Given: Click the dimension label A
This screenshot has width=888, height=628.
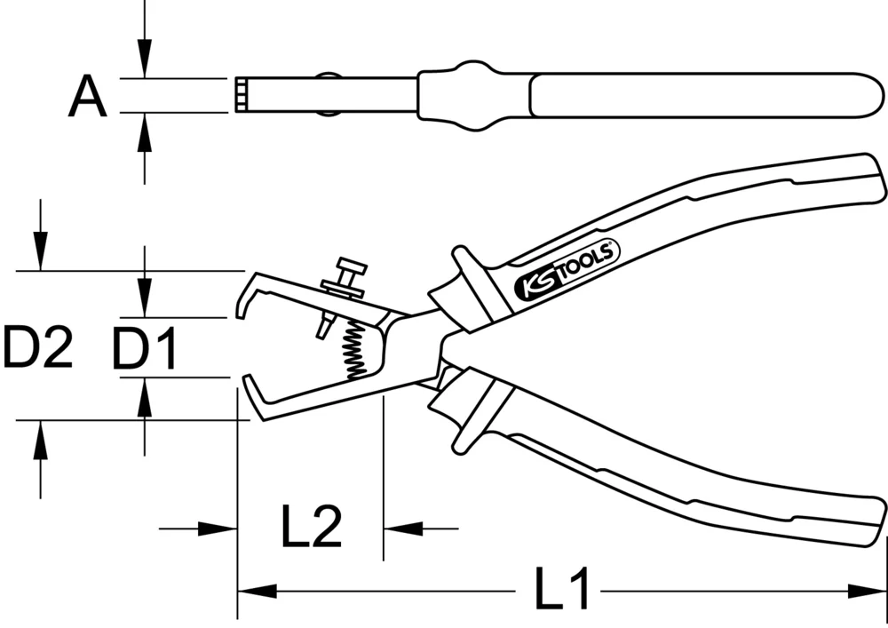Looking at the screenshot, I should (87, 97).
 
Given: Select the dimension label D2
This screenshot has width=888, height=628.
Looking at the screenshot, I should (36, 347).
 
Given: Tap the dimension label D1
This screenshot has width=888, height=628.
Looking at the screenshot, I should (145, 348).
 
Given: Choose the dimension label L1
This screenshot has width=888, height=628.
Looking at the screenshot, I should (564, 590).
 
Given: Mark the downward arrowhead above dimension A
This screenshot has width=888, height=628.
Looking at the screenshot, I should (145, 61).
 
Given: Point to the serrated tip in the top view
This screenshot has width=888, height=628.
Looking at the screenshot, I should (241, 95).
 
